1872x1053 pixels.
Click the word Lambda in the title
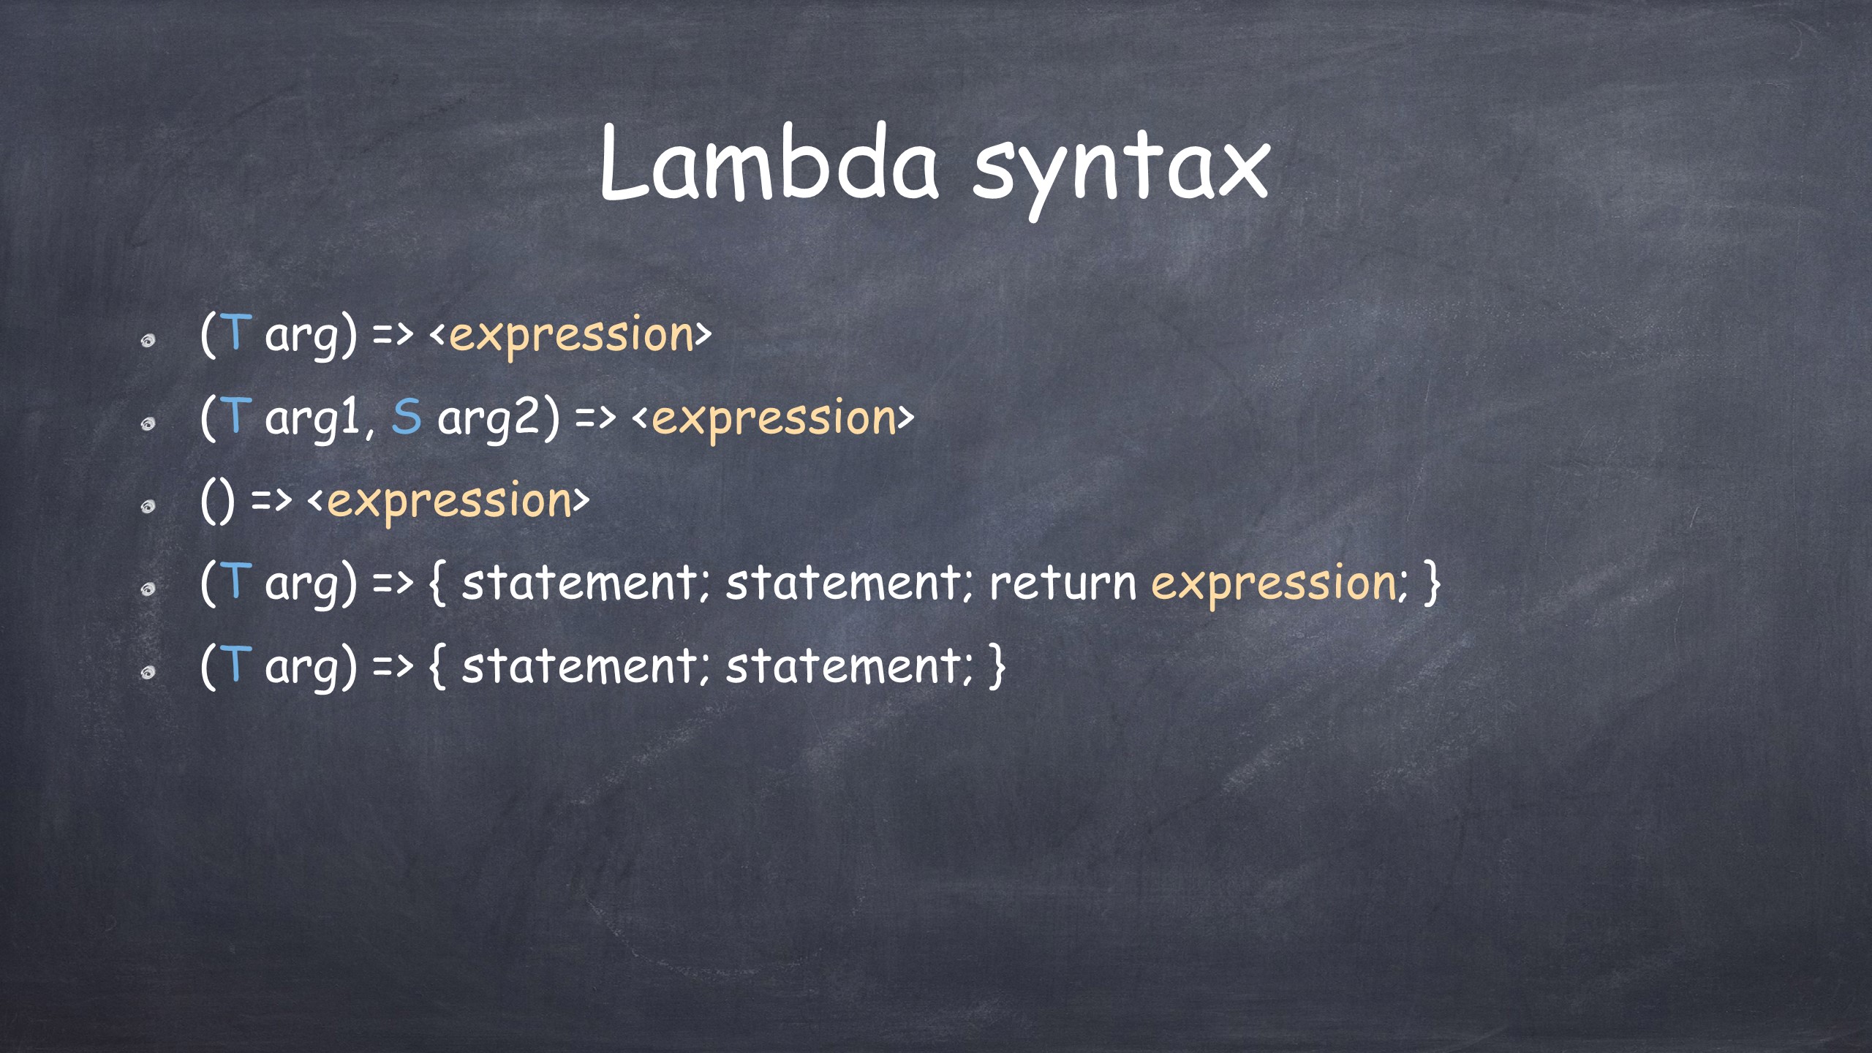[769, 162]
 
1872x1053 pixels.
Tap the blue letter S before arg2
[407, 417]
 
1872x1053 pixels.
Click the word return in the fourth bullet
[1063, 584]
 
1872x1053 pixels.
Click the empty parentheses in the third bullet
[218, 502]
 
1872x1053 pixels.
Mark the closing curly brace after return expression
[1432, 584]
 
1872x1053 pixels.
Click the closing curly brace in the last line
[997, 666]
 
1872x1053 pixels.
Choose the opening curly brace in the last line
[437, 666]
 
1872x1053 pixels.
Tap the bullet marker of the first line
[148, 341]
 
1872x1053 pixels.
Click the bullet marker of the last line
[148, 673]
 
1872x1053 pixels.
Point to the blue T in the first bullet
[235, 333]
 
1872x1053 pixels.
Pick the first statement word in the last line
[580, 666]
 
